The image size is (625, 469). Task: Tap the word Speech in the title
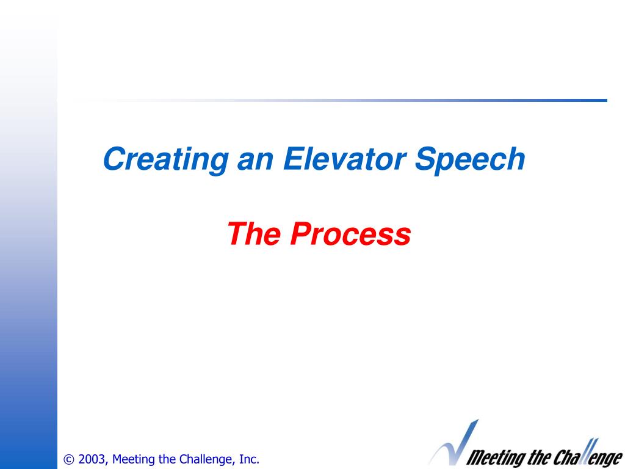point(470,160)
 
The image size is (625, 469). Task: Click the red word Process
point(350,234)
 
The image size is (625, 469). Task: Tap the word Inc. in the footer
point(249,459)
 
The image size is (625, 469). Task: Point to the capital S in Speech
point(425,159)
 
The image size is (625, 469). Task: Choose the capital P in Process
point(301,234)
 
